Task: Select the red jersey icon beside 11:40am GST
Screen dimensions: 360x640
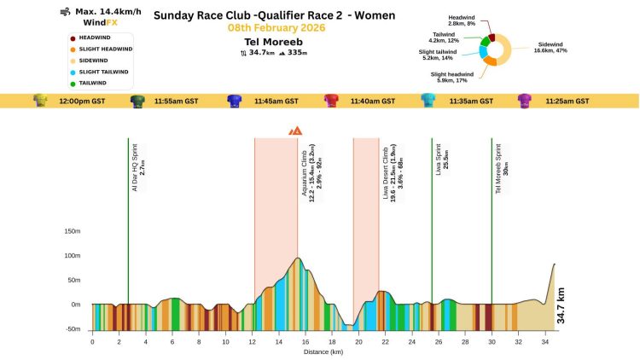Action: point(331,101)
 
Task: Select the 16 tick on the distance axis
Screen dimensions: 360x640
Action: point(305,341)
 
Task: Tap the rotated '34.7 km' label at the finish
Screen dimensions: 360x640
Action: point(561,305)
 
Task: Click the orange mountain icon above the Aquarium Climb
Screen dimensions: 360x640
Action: point(295,131)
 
